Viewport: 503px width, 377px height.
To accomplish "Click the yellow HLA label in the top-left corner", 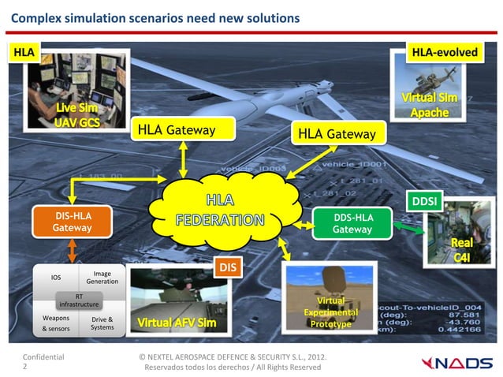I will coord(24,52).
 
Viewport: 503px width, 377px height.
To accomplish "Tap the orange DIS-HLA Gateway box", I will coord(72,222).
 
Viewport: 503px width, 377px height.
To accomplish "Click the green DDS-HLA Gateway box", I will coord(352,222).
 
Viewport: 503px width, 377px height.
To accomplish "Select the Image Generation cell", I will coord(102,278).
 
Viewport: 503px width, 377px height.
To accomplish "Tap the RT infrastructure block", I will coord(79,300).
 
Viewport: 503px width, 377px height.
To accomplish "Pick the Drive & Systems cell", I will coord(102,323).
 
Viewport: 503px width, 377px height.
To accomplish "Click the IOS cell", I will coord(56,278).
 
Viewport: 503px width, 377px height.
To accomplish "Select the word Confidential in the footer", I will coord(44,357).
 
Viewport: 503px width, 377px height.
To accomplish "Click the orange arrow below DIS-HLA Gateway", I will coord(72,250).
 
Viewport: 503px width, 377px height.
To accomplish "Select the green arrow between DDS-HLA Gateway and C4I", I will coord(408,226).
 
